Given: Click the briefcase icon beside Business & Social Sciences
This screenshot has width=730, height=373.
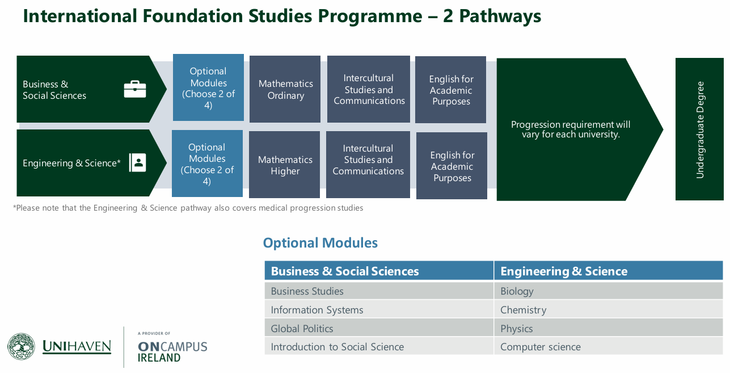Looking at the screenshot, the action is tap(135, 89).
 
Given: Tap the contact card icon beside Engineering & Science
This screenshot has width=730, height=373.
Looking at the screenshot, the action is tap(137, 162).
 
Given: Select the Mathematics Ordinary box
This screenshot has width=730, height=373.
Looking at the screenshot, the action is tap(285, 89).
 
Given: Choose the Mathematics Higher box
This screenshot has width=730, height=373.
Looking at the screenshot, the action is tap(285, 165).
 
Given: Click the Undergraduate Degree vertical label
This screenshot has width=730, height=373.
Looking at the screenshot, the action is tap(700, 129).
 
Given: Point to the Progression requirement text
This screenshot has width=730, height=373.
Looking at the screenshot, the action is tap(571, 129).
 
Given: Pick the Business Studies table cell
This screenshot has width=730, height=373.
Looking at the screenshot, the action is tap(379, 291).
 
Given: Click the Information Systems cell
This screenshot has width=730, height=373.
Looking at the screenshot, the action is tap(379, 309).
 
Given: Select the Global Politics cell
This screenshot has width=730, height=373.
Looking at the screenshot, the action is tap(379, 328).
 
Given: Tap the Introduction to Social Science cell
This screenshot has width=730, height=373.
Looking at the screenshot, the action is tap(379, 346).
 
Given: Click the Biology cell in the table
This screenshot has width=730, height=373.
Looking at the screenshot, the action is tap(609, 291).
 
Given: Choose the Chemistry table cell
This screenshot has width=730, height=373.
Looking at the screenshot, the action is tap(609, 309).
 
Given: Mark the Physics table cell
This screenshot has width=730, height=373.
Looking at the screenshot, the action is tap(609, 328).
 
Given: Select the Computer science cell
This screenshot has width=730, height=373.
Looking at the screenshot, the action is tap(609, 346).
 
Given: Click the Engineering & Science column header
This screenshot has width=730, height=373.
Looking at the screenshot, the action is tap(609, 271).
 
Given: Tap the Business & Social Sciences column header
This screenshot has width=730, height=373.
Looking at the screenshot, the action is tap(379, 271).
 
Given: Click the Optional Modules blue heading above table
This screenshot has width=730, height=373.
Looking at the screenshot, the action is tap(320, 243).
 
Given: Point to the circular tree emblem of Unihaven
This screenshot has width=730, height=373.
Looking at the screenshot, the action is tap(21, 346).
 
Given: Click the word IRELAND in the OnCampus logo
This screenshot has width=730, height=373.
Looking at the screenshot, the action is tap(159, 358).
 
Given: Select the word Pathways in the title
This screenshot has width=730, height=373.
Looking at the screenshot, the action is tap(500, 16).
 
